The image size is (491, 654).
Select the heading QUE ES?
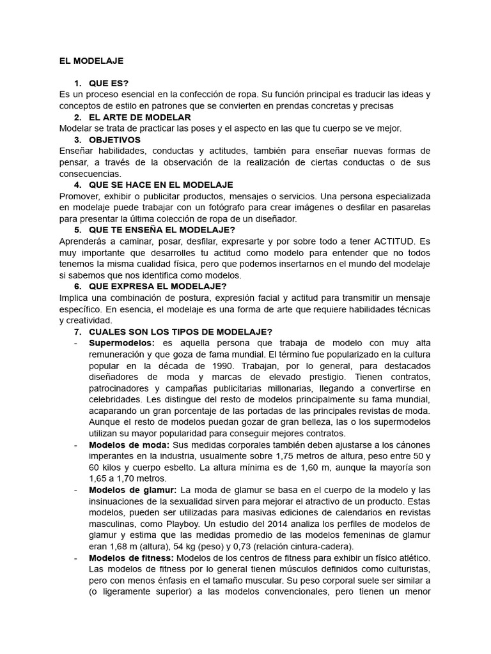[109, 84]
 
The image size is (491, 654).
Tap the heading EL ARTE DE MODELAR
[139, 118]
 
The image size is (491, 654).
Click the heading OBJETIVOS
[114, 140]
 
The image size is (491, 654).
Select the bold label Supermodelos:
[121, 344]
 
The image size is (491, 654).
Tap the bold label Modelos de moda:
[129, 445]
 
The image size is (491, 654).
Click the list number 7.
[77, 332]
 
